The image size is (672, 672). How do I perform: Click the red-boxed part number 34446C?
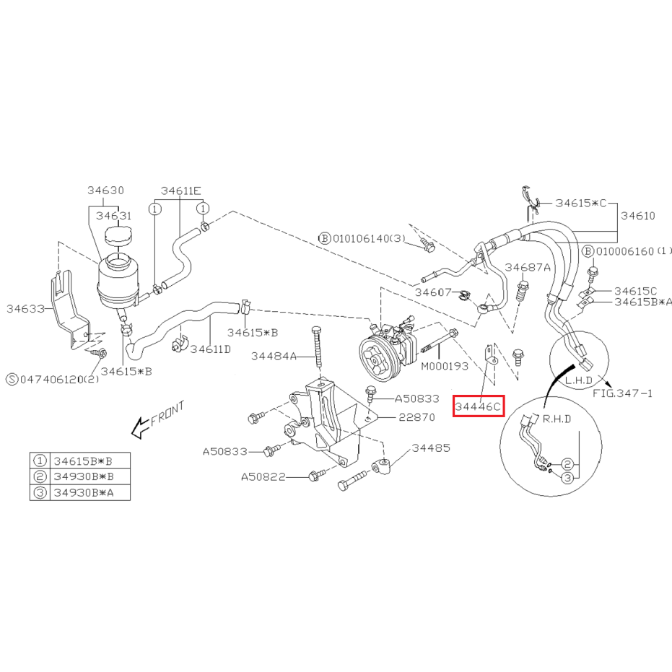point(479,406)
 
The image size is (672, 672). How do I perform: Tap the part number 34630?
point(106,191)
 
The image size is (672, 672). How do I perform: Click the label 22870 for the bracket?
point(416,417)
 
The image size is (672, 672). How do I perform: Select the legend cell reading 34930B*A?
point(84,493)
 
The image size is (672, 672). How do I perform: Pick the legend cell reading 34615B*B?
point(83,461)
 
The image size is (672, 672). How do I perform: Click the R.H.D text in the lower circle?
point(557,419)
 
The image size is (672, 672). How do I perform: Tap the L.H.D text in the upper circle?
point(579,380)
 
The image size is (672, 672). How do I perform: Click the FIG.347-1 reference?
point(623,393)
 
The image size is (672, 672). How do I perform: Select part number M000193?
point(445,366)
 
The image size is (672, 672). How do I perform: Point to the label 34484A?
point(274,356)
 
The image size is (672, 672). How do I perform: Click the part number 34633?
point(26,309)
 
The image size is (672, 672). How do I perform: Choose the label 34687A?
point(528,267)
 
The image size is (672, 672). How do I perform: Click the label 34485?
point(431,448)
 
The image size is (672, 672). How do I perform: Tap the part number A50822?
point(263,477)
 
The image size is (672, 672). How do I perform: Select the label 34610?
point(638,216)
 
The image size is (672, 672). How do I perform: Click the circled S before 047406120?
point(12,379)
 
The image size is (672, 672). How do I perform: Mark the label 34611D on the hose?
point(211,349)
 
